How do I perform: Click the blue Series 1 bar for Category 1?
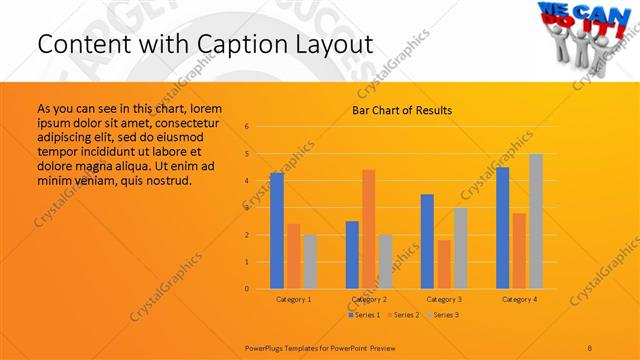[277, 231]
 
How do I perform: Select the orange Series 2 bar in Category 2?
[369, 229]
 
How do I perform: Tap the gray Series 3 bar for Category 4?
[536, 221]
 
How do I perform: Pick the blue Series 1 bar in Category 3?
[427, 241]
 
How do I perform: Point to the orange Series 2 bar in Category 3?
[444, 264]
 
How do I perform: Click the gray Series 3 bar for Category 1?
[310, 262]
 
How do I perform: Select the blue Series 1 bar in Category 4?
[503, 228]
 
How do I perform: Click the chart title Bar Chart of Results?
[402, 110]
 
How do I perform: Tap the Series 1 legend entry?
[363, 315]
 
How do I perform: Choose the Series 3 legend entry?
[443, 315]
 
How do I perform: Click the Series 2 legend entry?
[403, 315]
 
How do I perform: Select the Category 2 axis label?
[369, 299]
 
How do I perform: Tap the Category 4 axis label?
[519, 299]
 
